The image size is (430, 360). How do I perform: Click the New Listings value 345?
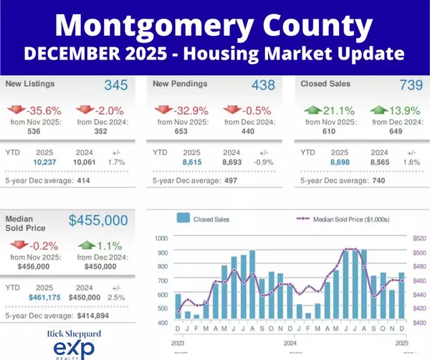tap(115, 85)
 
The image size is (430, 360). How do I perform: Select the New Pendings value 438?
tap(263, 85)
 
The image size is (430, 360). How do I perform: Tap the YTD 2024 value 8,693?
tap(231, 163)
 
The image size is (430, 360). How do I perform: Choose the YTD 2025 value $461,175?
tap(44, 296)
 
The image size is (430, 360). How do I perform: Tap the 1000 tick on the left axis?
tap(161, 238)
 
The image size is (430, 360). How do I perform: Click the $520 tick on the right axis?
tap(419, 238)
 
